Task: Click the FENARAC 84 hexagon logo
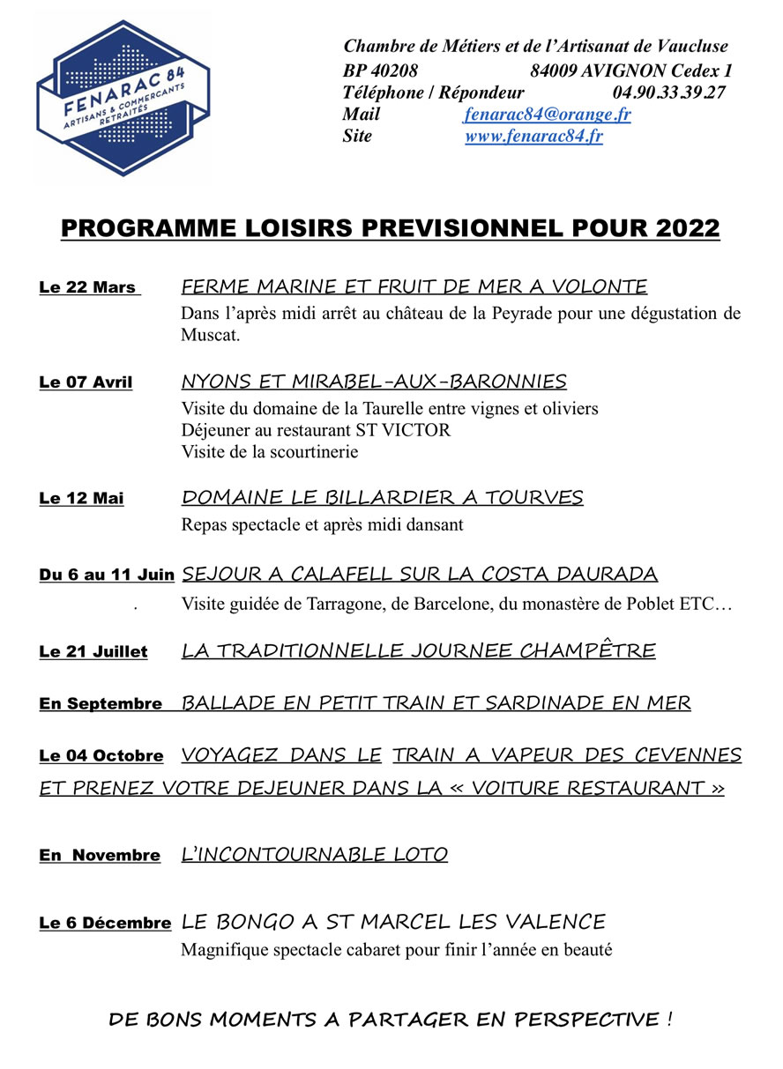(123, 98)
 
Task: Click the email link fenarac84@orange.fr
(547, 115)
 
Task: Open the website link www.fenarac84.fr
(533, 137)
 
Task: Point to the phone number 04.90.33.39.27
(668, 93)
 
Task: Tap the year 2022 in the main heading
(688, 228)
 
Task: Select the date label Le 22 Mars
(88, 287)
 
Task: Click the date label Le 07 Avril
(86, 382)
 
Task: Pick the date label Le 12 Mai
(81, 499)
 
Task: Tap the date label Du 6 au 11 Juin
(107, 575)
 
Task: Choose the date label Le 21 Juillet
(93, 652)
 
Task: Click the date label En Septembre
(101, 704)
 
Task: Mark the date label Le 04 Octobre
(101, 756)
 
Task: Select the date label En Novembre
(100, 856)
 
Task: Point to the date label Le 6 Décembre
(105, 924)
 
